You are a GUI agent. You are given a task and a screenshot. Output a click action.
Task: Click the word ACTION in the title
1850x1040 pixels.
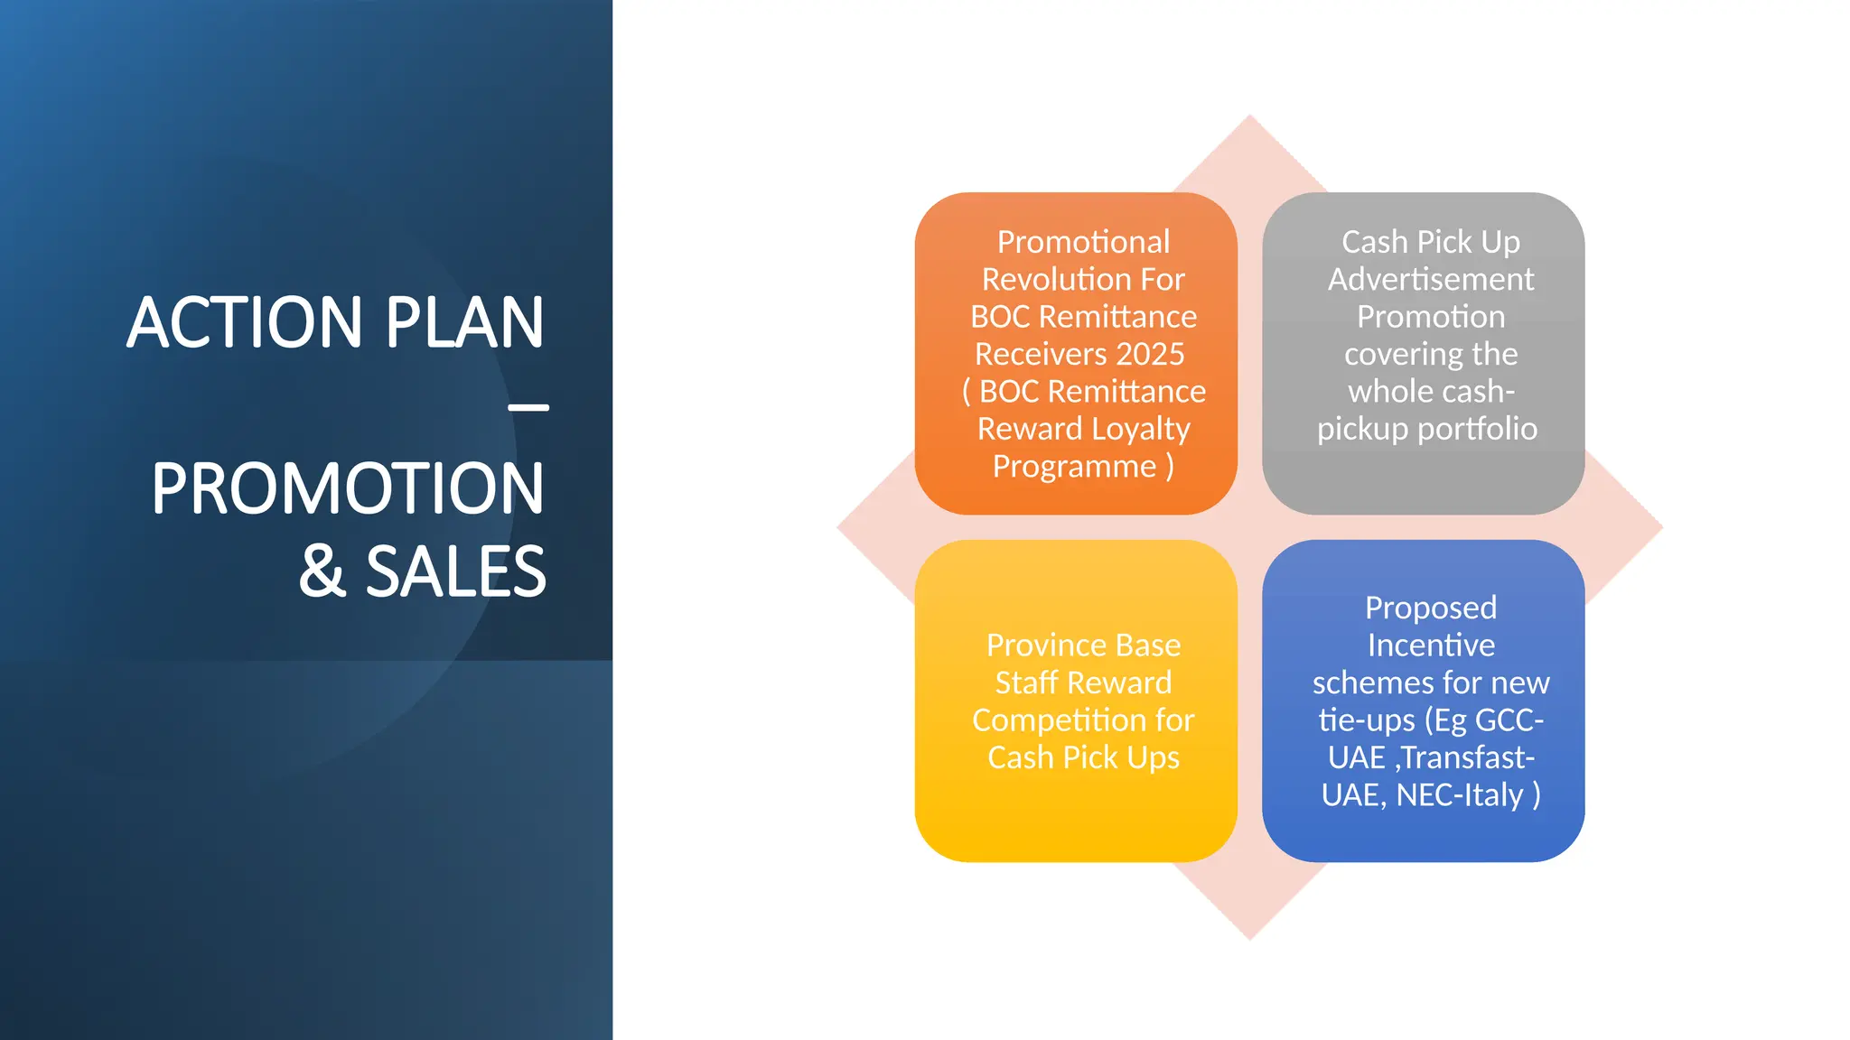pyautogui.click(x=245, y=322)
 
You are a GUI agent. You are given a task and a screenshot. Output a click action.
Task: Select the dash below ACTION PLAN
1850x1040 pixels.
pyautogui.click(x=528, y=408)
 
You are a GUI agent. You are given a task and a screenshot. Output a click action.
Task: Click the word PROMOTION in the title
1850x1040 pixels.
pyautogui.click(x=348, y=488)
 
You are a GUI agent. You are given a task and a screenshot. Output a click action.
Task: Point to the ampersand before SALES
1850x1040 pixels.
pyautogui.click(x=322, y=571)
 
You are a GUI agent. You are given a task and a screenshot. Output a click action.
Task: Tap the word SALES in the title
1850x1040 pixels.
pyautogui.click(x=455, y=571)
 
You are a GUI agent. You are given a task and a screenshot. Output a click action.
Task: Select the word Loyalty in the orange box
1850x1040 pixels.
pyautogui.click(x=1136, y=429)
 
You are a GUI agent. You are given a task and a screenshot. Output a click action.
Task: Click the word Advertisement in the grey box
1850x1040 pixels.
pyautogui.click(x=1430, y=279)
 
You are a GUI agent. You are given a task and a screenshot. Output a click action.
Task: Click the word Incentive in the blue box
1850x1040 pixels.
pyautogui.click(x=1430, y=645)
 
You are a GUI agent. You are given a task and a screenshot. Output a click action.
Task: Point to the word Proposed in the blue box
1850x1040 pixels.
pyautogui.click(x=1430, y=608)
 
